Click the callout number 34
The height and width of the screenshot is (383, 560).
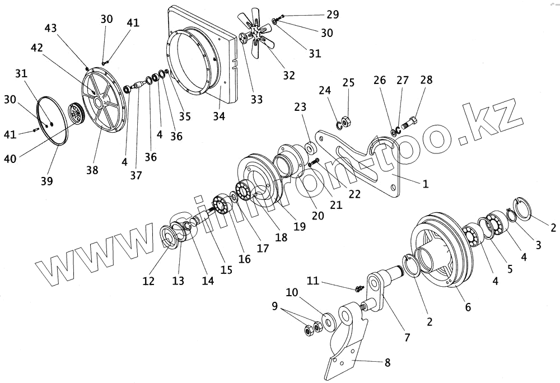pos(220,116)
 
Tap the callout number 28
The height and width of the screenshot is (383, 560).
pos(426,81)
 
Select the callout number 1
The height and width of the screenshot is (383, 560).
pos(426,184)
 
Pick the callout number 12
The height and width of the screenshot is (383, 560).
pos(148,282)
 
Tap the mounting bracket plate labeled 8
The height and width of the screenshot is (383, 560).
pos(347,342)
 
